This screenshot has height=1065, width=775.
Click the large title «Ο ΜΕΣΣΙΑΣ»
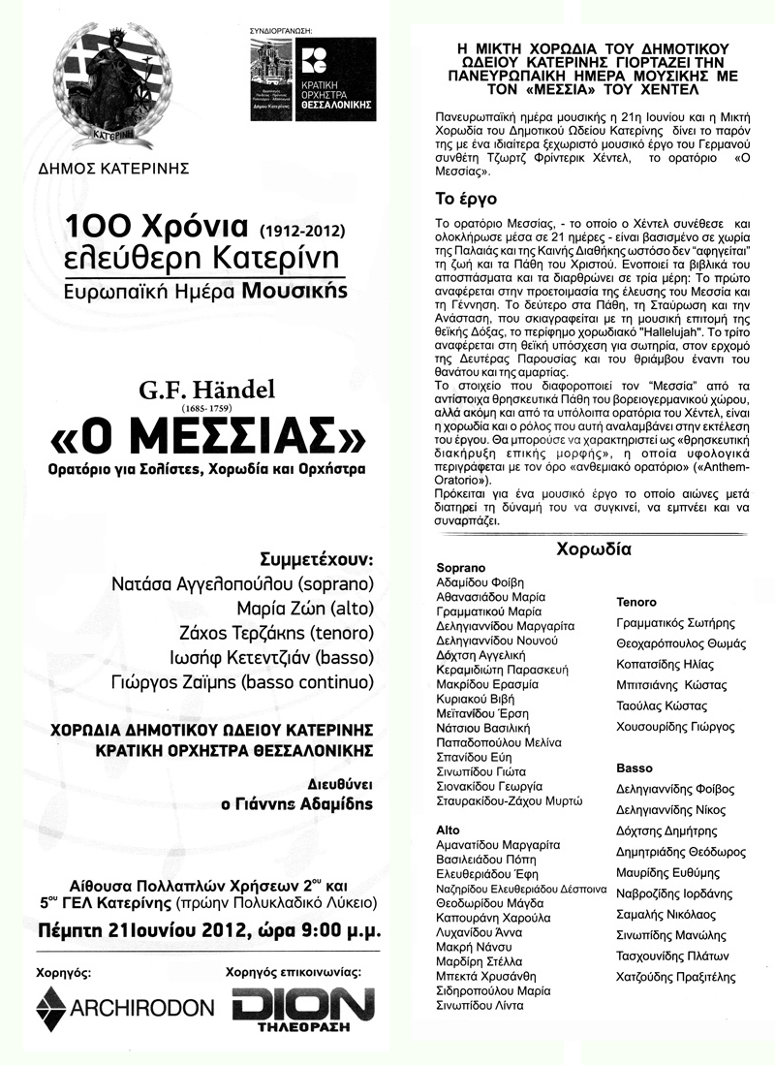pyautogui.click(x=208, y=439)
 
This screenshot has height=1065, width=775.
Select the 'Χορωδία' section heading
pyautogui.click(x=593, y=548)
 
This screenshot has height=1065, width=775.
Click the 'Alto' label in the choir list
pyautogui.click(x=448, y=830)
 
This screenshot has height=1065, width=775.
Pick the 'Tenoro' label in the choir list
pyautogui.click(x=636, y=602)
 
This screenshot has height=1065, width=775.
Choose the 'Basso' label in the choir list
pyautogui.click(x=635, y=767)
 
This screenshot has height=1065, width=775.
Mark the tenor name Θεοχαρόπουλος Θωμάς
pyautogui.click(x=675, y=643)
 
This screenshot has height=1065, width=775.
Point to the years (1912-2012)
pyautogui.click(x=301, y=232)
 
